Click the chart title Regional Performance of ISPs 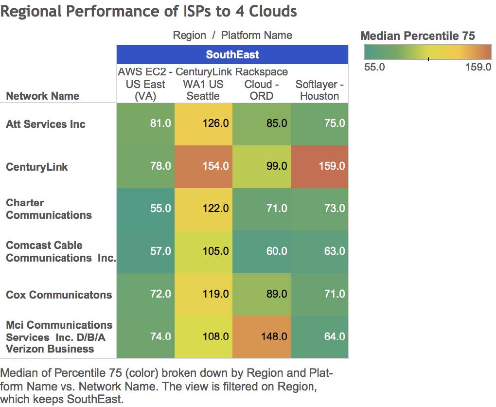pos(148,11)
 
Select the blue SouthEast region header pos(232,54)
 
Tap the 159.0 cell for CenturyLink pos(319,166)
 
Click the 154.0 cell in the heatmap pos(203,166)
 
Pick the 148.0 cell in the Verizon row pos(262,336)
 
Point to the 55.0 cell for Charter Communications pos(145,209)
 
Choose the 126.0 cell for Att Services pos(203,124)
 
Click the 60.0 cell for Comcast pos(262,251)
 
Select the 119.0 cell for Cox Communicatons pos(203,294)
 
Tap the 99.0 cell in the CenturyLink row pos(262,166)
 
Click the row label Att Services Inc pos(46,124)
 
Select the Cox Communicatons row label pos(58,294)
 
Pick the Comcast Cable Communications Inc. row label pos(60,251)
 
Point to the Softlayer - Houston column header pos(319,90)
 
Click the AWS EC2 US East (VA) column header pos(145,84)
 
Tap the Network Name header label pos(42,96)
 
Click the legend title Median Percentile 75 pos(418,35)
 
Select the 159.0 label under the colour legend pos(478,67)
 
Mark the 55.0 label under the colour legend pos(374,67)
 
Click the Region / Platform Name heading pos(232,35)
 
